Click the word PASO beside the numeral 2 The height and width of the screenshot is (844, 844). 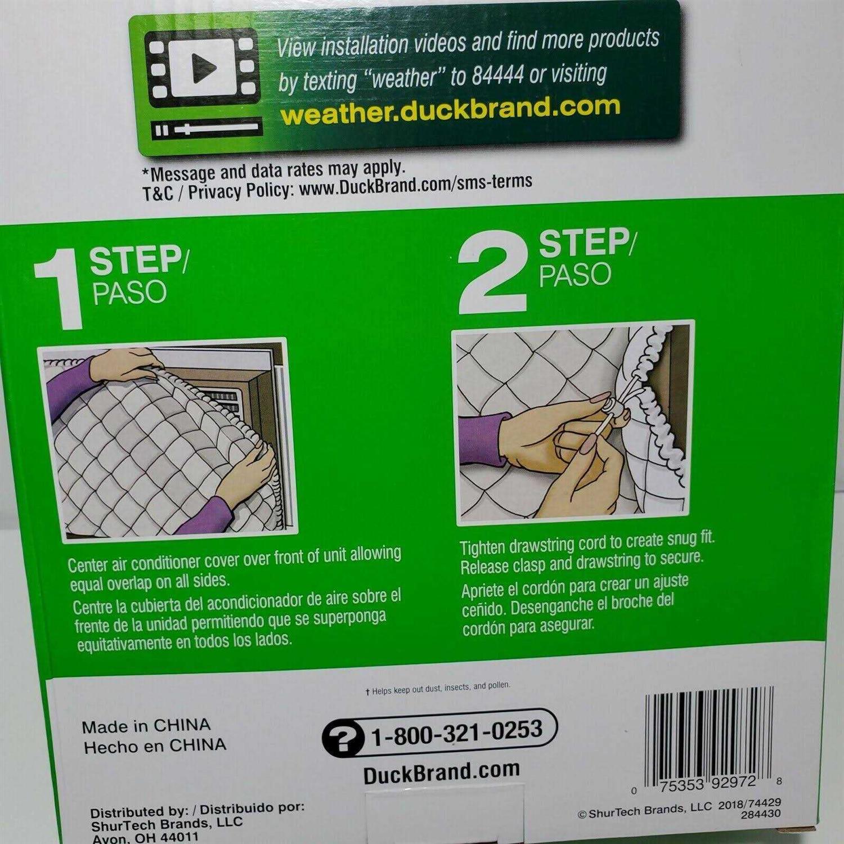pos(574,275)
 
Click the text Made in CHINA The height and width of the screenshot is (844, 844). pos(146,726)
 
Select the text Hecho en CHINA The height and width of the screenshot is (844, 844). pos(155,746)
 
